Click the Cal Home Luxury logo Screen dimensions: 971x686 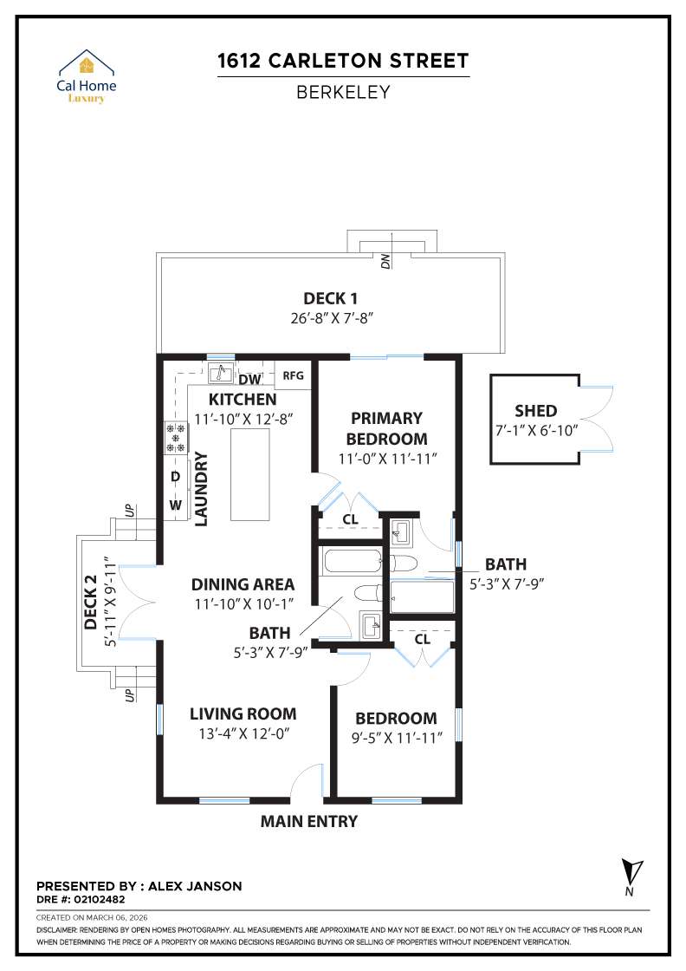pos(86,76)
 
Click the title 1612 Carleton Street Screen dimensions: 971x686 pos(343,61)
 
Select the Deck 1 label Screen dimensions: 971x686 pos(331,298)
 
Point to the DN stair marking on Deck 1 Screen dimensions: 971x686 pos(386,258)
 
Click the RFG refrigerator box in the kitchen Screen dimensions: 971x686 pos(294,375)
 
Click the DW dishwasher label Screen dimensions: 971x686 pos(249,380)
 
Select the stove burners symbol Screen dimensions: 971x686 pos(177,439)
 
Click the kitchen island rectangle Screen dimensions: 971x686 pos(251,472)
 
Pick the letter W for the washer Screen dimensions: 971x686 pos(176,505)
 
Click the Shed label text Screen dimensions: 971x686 pos(535,411)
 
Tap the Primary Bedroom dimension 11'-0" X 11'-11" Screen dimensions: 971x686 pos(386,457)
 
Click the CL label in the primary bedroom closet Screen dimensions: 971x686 pos(351,518)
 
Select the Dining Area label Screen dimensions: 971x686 pos(243,584)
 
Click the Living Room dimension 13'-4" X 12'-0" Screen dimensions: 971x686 pos(243,733)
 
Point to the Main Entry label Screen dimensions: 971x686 pos(308,821)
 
